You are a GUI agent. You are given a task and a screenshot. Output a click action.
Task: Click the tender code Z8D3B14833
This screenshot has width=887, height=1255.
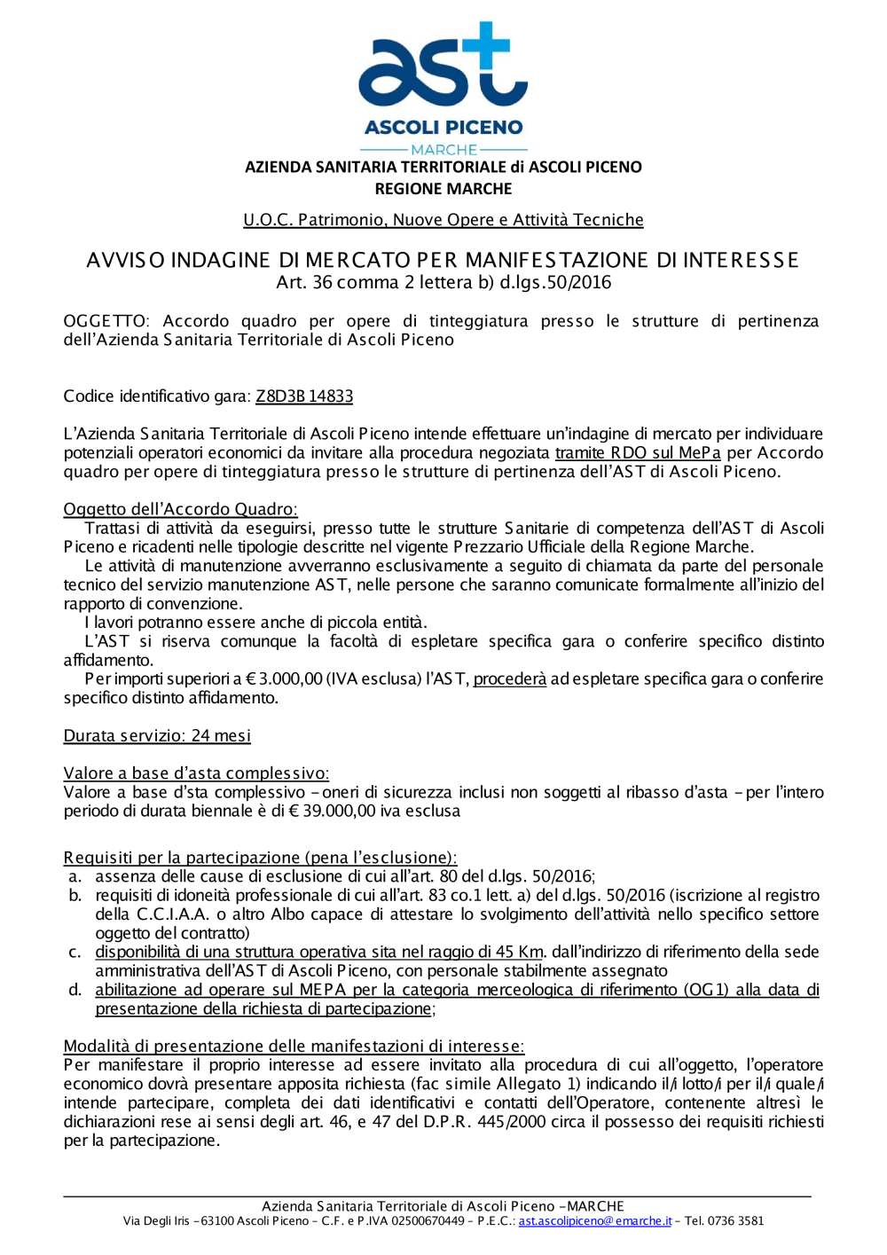(x=304, y=396)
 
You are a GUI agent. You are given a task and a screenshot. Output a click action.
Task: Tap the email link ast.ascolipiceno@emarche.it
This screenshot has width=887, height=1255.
(x=595, y=1221)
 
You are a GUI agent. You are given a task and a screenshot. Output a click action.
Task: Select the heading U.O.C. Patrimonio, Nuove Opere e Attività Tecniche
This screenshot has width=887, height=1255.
(x=443, y=220)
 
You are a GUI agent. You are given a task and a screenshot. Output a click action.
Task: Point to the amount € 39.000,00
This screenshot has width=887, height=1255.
(x=343, y=812)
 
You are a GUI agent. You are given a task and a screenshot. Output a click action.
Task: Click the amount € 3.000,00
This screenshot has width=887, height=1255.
(x=284, y=679)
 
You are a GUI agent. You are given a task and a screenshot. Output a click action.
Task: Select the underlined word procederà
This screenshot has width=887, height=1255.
(x=510, y=679)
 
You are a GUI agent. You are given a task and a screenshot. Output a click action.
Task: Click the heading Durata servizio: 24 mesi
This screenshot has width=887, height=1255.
(x=157, y=736)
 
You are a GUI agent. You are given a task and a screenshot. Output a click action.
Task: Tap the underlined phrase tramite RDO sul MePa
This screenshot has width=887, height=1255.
(x=638, y=453)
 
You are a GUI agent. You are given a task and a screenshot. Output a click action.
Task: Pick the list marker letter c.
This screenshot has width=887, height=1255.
(x=75, y=953)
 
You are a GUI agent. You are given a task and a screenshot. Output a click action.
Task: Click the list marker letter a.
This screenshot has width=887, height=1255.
(x=75, y=877)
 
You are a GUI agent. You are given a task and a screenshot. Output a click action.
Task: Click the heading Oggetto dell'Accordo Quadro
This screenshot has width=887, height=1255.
(x=180, y=510)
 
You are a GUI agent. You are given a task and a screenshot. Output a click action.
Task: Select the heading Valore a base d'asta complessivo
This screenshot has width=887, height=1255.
(x=196, y=773)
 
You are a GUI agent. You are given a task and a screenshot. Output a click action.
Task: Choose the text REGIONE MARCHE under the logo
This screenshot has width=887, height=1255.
(x=443, y=189)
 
